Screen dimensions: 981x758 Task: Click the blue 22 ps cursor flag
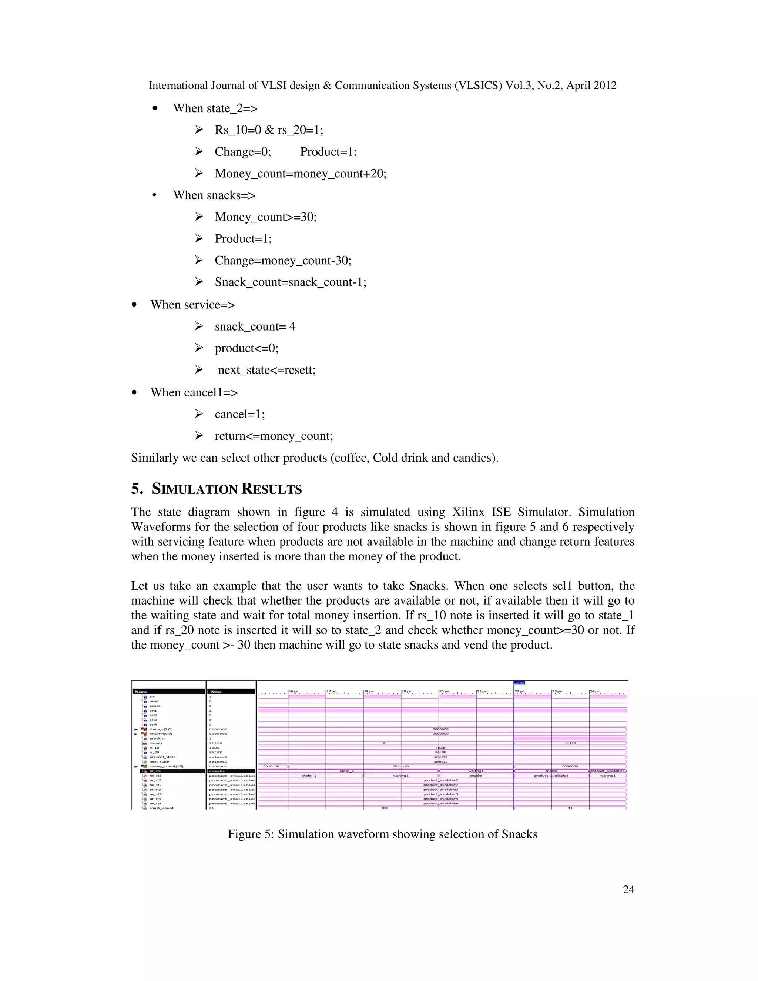[x=519, y=683]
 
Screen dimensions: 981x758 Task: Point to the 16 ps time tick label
[x=294, y=691]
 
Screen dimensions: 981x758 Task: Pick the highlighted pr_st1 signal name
[x=155, y=771]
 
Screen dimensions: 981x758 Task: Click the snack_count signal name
[x=161, y=808]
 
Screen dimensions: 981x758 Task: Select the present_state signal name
[x=162, y=757]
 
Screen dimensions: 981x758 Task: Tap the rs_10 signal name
[x=154, y=748]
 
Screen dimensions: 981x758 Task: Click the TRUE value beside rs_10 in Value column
[x=214, y=748]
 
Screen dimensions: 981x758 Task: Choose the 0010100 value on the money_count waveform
[x=271, y=766]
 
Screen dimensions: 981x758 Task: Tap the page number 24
[x=628, y=889]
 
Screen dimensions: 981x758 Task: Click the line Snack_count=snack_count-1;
[x=290, y=282]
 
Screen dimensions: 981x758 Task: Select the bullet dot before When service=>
[x=134, y=305]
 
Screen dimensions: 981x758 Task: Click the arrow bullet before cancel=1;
[x=199, y=414]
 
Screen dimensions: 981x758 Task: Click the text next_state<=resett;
[x=267, y=370]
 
